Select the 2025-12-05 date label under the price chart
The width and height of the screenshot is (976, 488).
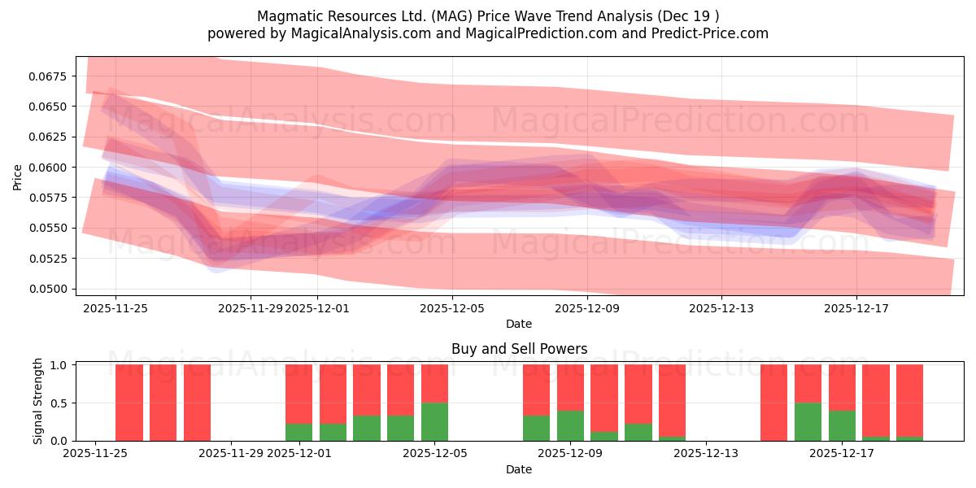452,308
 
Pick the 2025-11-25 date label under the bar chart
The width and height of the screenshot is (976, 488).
96,454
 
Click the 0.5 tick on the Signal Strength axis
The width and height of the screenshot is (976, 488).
60,403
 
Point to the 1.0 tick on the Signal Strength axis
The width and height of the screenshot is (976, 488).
60,365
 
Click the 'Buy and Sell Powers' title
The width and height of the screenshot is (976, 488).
519,349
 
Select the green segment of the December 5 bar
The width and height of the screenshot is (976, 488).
434,421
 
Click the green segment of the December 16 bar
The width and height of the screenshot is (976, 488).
808,421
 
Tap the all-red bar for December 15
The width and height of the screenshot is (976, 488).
773,403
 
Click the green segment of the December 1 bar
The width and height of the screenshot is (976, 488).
298,432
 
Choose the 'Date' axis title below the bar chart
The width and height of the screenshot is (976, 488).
519,469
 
